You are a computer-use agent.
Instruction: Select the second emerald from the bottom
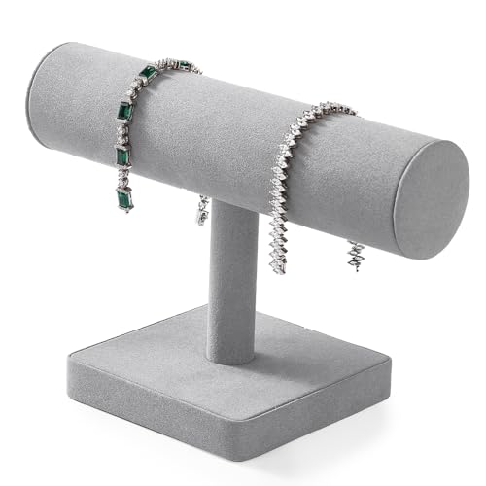pos(123,156)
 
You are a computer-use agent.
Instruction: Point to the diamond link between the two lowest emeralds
pos(122,178)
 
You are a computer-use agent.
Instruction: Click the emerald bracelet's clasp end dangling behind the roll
pos(202,210)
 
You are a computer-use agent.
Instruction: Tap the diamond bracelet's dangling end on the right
pos(354,256)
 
